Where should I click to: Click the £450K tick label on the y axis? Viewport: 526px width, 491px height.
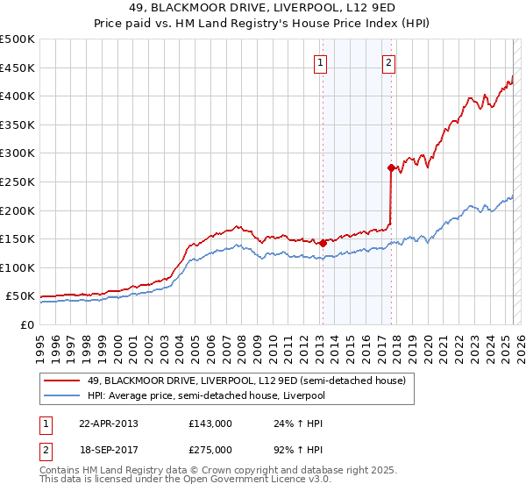point(18,68)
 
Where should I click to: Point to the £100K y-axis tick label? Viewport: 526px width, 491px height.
point(18,267)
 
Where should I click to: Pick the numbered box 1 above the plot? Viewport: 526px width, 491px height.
point(321,62)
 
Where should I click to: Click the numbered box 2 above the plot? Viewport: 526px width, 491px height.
point(388,62)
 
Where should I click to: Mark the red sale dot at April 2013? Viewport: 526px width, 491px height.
point(323,243)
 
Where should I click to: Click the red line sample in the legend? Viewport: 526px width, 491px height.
point(62,381)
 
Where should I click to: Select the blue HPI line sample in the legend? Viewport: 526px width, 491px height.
point(62,395)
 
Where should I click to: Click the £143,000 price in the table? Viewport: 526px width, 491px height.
point(210,423)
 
